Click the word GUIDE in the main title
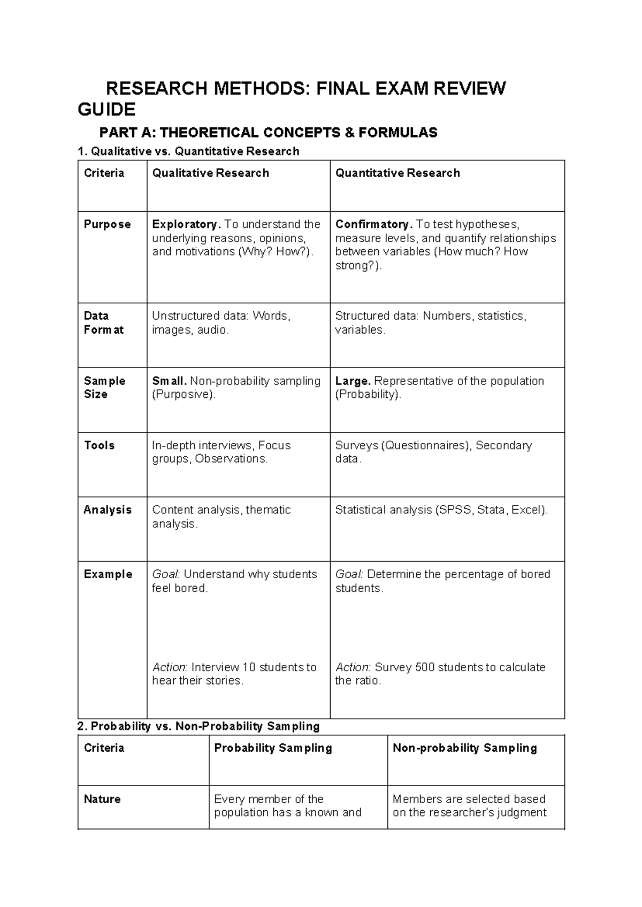(106, 110)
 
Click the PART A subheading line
(268, 132)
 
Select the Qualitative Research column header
(210, 173)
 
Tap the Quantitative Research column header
(398, 173)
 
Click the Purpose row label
(107, 225)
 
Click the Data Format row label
(103, 322)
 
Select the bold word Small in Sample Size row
(169, 381)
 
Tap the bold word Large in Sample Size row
(353, 381)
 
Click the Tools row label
(99, 445)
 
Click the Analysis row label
(108, 510)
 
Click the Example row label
(108, 574)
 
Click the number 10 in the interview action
(249, 667)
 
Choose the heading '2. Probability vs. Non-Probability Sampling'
(198, 726)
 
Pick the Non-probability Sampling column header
(464, 748)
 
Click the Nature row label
(102, 800)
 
